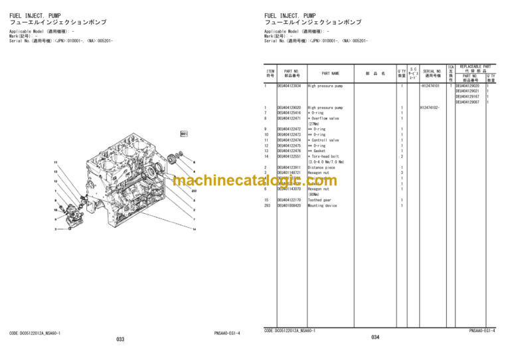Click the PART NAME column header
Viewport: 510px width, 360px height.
point(331,74)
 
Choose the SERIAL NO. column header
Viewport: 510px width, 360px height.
point(432,74)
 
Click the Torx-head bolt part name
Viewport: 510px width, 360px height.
point(327,156)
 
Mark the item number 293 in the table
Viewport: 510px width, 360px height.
point(267,206)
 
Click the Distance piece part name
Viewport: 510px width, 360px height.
point(322,167)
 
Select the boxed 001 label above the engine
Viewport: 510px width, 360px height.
point(184,134)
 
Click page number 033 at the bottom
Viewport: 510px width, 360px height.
point(120,340)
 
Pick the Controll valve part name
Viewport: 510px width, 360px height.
point(325,140)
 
